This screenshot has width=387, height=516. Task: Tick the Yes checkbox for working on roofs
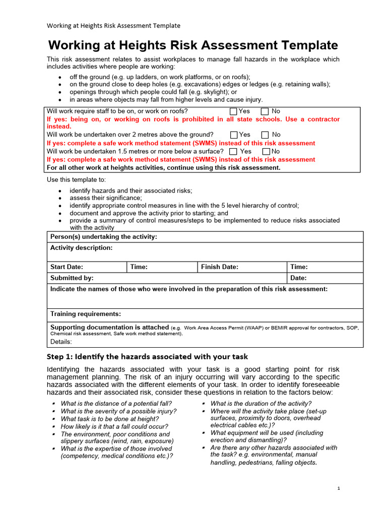233,111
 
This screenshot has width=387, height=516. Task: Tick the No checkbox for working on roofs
265,111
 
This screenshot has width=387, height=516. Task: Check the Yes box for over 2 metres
234,135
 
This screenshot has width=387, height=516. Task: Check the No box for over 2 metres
266,135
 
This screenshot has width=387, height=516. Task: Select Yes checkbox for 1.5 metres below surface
233,152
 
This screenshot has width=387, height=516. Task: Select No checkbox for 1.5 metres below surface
266,152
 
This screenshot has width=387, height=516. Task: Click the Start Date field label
67,267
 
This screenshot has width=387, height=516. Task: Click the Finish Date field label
220,267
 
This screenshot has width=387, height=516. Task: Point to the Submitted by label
72,278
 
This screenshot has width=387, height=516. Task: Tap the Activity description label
81,248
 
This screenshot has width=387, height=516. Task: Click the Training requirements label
85,314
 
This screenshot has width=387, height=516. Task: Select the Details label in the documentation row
61,342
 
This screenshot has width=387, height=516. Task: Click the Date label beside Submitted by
298,278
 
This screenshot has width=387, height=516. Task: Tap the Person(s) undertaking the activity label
103,237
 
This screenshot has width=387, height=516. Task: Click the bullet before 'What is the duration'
203,404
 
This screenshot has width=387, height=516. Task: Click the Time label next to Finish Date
299,267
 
